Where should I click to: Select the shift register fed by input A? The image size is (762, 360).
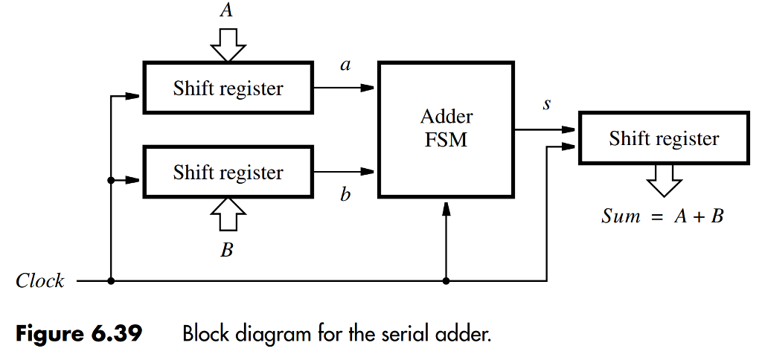point(228,89)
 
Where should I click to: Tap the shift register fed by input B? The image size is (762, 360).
point(228,173)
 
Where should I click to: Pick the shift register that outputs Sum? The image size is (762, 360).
point(664,138)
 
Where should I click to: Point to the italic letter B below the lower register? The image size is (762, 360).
point(226,251)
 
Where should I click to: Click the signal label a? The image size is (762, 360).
point(345,65)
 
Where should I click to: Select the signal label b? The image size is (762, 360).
point(345,196)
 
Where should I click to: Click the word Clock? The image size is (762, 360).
point(40,281)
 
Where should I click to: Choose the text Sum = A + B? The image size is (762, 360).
point(662,217)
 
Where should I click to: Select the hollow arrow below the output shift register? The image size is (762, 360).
point(664,181)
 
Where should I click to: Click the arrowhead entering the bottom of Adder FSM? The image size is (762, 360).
point(446,210)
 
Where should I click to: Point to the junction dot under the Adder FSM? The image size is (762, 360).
point(446,281)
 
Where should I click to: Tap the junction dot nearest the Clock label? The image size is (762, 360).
point(111,281)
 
